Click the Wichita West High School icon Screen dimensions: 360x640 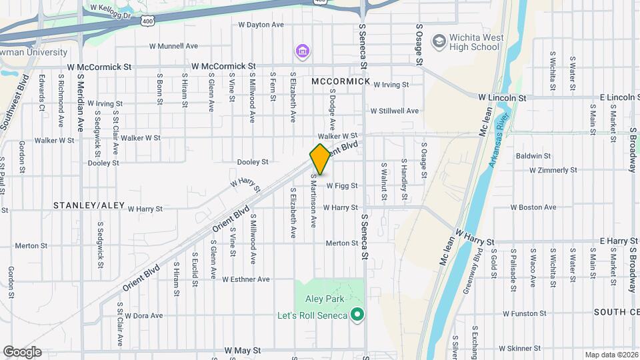click(x=439, y=41)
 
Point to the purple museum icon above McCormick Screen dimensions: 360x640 click(x=303, y=51)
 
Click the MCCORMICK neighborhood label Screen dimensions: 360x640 click(x=340, y=81)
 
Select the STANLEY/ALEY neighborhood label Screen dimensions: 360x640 click(x=89, y=205)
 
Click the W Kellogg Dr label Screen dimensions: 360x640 click(x=112, y=11)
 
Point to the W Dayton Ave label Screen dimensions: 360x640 click(x=261, y=25)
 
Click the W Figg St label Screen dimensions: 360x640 click(x=342, y=186)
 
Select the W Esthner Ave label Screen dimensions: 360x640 click(x=246, y=279)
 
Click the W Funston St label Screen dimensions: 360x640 click(x=525, y=313)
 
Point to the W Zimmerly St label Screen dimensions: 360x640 click(x=553, y=171)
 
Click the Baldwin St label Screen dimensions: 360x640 click(x=533, y=156)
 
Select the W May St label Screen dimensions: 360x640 click(x=242, y=350)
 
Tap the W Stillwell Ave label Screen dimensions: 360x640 click(x=395, y=111)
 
